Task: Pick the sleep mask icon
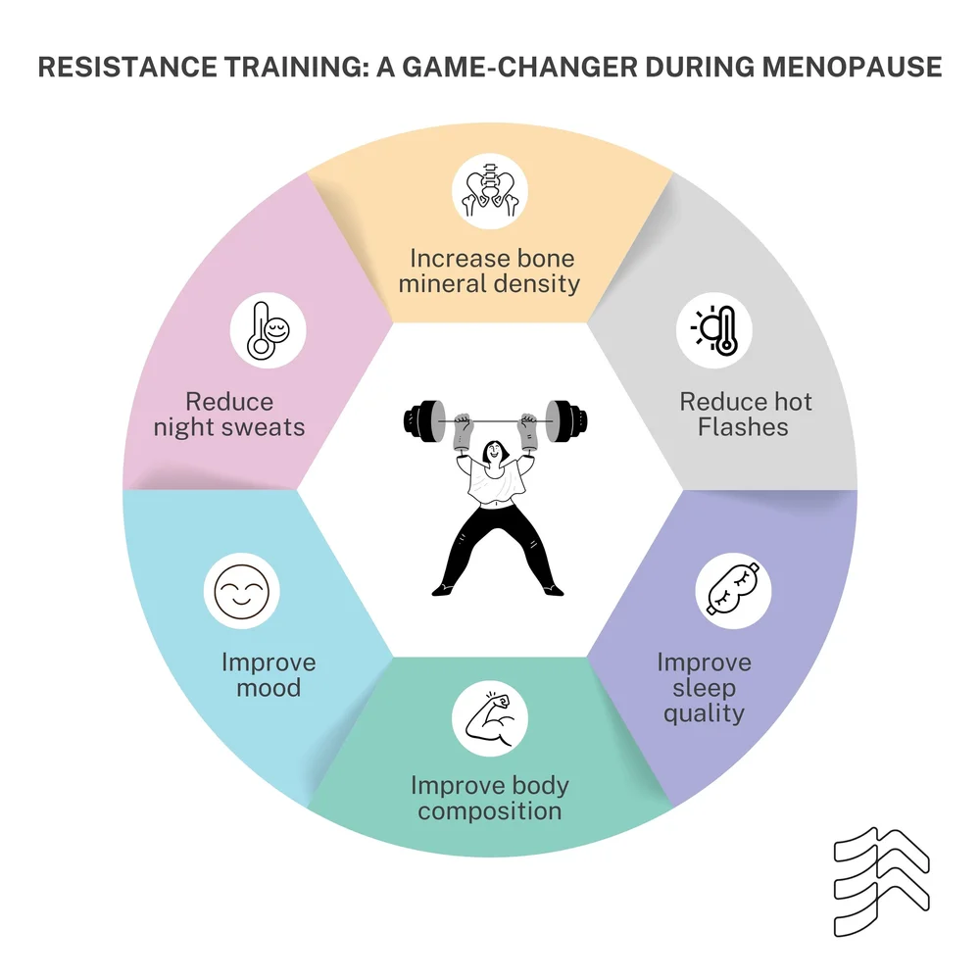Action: [x=734, y=593]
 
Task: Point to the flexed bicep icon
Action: [x=490, y=719]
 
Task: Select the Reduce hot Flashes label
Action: [x=746, y=415]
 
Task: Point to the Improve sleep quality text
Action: [x=704, y=687]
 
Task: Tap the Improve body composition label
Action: [x=490, y=799]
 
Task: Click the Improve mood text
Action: [x=269, y=674]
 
